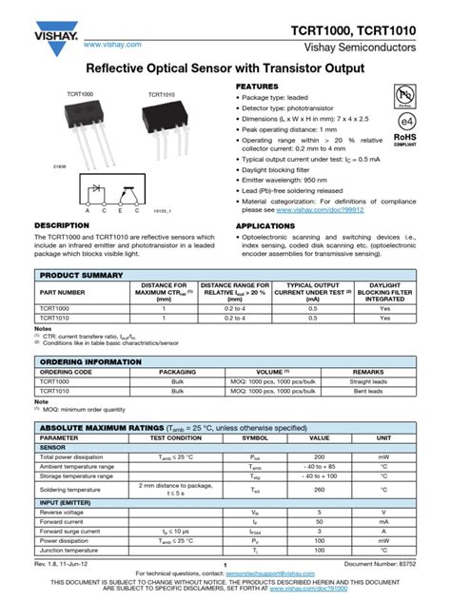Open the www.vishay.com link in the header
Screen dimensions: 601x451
(x=113, y=44)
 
